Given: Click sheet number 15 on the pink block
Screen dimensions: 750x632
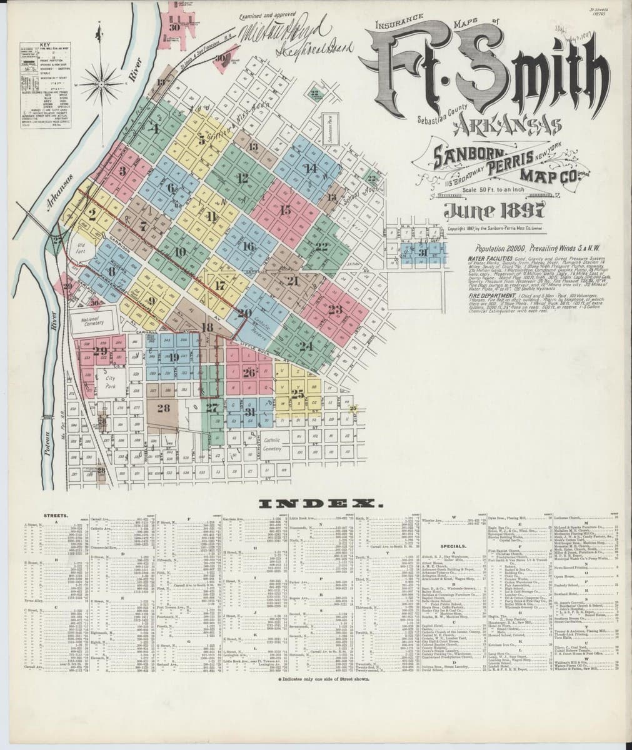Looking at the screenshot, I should pos(286,210).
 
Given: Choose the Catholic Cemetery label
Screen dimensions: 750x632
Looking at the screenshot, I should pos(273,444).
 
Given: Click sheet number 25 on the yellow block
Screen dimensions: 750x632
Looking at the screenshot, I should pos(298,393).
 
